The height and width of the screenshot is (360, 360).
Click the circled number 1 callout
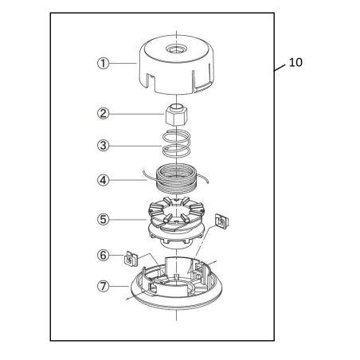[103, 63]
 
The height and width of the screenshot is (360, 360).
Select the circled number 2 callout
[103, 113]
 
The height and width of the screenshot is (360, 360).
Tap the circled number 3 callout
[103, 147]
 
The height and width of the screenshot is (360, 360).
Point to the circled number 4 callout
[103, 180]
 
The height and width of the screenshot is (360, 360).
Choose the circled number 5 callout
[103, 217]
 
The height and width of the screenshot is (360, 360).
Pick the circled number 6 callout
[103, 256]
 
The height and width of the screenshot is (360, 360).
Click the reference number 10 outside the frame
[295, 61]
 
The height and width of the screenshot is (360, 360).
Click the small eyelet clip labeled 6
[130, 258]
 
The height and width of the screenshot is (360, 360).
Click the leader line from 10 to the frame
[279, 71]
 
